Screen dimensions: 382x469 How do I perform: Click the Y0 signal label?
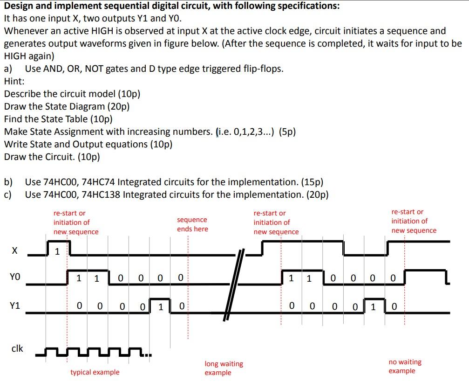click(x=15, y=278)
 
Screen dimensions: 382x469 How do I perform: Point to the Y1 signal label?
click(x=15, y=306)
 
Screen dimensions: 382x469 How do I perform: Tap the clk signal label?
click(x=17, y=348)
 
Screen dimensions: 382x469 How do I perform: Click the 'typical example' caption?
click(x=95, y=372)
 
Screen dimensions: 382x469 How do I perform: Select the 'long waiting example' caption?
click(x=224, y=368)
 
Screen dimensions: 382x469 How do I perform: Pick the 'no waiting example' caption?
click(x=404, y=366)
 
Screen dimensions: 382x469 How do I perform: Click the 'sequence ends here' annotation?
click(x=192, y=224)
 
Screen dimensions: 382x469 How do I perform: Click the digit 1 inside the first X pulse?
click(x=57, y=252)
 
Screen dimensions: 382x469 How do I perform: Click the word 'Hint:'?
click(x=14, y=81)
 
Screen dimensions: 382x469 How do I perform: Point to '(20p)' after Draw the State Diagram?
click(x=118, y=106)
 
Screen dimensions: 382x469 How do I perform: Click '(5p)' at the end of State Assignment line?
click(x=287, y=132)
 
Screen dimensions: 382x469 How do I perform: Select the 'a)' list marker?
click(x=8, y=69)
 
